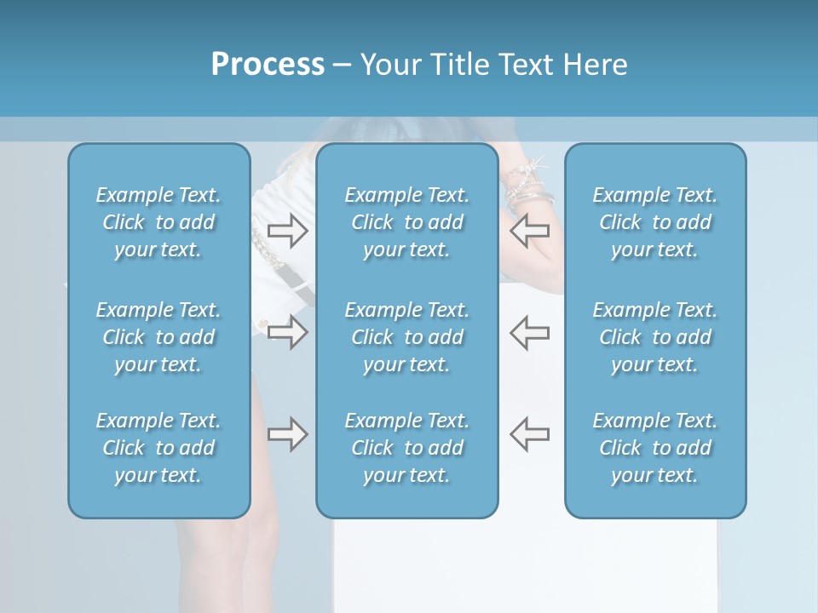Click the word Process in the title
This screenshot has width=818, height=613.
click(x=268, y=65)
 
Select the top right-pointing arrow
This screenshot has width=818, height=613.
click(x=287, y=230)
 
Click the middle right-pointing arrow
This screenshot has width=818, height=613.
click(x=287, y=332)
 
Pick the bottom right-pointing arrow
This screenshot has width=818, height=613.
click(x=287, y=434)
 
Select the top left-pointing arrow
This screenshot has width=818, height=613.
click(x=529, y=230)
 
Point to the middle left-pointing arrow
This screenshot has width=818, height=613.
click(x=529, y=332)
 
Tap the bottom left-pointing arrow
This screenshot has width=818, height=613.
click(x=529, y=434)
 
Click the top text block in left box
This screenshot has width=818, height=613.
click(x=158, y=222)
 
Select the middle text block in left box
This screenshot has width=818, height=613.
click(x=158, y=337)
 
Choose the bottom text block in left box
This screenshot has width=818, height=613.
click(x=158, y=448)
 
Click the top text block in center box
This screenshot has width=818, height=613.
click(x=406, y=222)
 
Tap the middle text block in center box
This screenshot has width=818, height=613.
click(x=406, y=337)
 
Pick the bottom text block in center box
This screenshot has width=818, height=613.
click(x=406, y=448)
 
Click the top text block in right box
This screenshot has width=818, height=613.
click(x=654, y=222)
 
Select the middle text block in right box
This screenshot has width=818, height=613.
click(x=654, y=337)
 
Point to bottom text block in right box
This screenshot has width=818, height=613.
click(x=654, y=448)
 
